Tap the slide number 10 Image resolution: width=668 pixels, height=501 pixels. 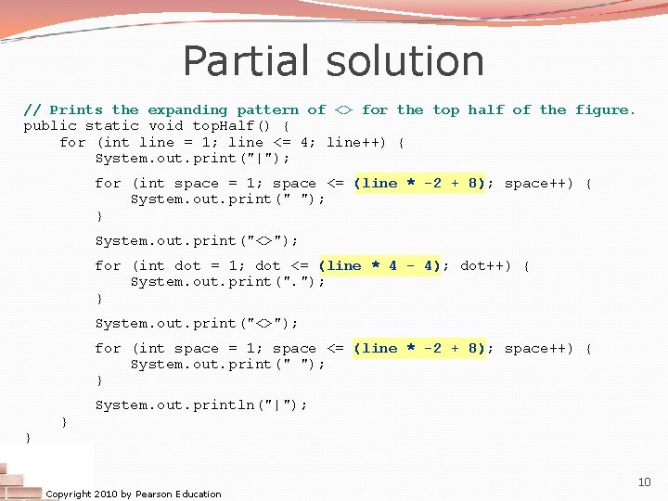(x=644, y=482)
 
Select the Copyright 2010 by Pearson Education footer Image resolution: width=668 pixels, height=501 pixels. (x=134, y=494)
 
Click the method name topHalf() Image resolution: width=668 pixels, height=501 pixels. (x=231, y=125)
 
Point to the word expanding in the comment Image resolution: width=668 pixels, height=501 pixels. (x=187, y=109)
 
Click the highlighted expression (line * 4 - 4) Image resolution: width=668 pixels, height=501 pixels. (x=379, y=265)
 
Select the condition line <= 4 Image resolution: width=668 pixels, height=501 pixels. (x=268, y=142)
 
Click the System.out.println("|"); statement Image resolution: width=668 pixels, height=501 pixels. (x=201, y=405)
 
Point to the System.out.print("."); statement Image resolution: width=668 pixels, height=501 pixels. (x=228, y=281)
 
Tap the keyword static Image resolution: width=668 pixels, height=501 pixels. (x=112, y=125)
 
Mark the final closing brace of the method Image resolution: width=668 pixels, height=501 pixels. (x=28, y=436)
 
